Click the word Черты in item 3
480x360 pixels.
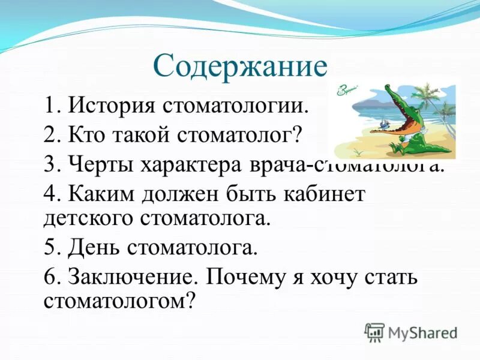(100, 163)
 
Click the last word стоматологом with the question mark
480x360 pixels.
(120, 300)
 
